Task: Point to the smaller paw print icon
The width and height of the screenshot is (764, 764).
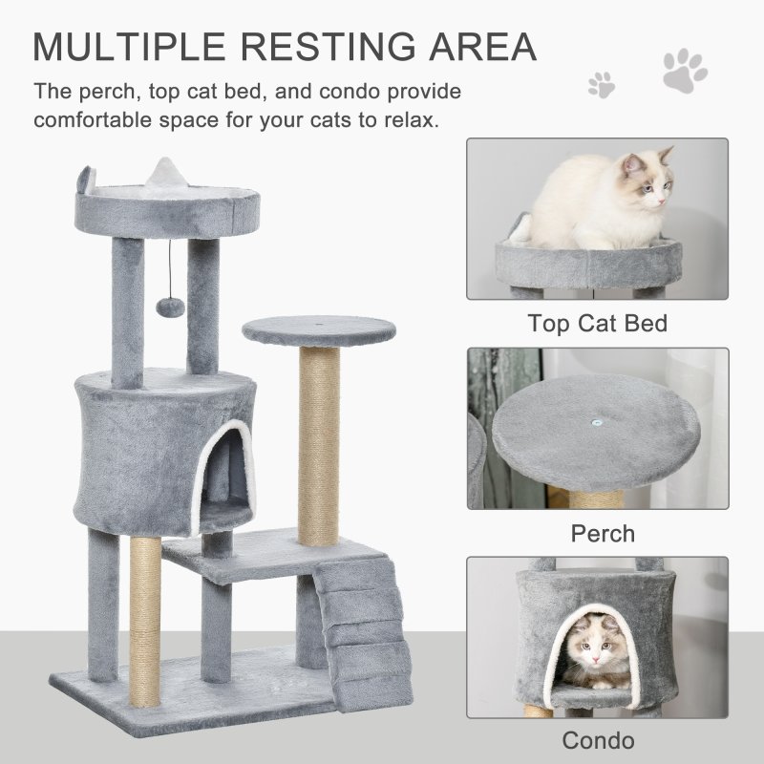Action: (602, 84)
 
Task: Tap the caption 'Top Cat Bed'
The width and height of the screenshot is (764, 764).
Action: (597, 323)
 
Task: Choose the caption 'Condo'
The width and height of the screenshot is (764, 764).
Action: (598, 740)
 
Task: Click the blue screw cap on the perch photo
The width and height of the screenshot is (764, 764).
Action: (596, 420)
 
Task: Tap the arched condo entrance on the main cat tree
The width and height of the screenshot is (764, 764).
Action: (223, 468)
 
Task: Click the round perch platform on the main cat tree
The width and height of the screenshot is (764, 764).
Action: (318, 331)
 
